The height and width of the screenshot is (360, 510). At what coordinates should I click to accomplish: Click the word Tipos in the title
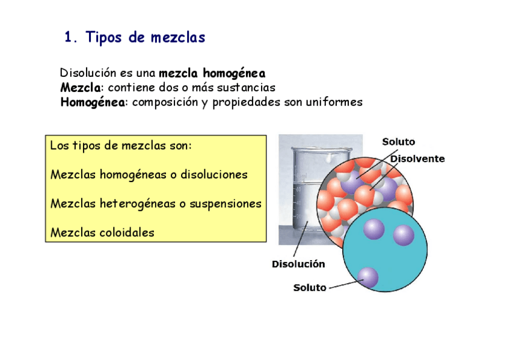[104, 38]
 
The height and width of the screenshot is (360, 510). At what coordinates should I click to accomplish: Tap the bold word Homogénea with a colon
[93, 102]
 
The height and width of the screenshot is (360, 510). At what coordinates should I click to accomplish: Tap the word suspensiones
[225, 204]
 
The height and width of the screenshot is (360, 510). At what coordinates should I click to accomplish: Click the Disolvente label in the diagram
[418, 159]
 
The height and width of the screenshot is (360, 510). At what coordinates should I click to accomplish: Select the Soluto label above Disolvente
[399, 142]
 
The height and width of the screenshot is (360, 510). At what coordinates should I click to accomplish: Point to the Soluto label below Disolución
[310, 288]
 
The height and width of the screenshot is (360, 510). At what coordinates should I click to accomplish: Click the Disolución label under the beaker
[298, 264]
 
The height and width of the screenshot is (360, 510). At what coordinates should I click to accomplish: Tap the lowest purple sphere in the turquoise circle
[367, 277]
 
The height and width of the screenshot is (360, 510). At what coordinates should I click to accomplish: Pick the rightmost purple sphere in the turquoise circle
[404, 236]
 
